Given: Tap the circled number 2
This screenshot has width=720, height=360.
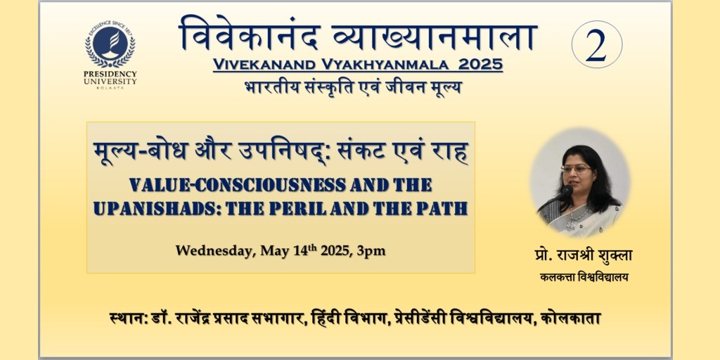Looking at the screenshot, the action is tap(596, 44).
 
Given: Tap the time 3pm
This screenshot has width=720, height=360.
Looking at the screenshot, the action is tap(374, 252).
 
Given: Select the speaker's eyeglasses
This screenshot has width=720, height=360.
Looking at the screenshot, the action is tap(576, 169).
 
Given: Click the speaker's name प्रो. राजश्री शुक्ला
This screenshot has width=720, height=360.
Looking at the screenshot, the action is tap(583, 255).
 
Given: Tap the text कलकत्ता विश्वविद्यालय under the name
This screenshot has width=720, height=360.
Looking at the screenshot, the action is tap(584, 277).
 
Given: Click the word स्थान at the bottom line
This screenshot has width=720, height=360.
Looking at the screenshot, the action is tap(127, 318).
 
